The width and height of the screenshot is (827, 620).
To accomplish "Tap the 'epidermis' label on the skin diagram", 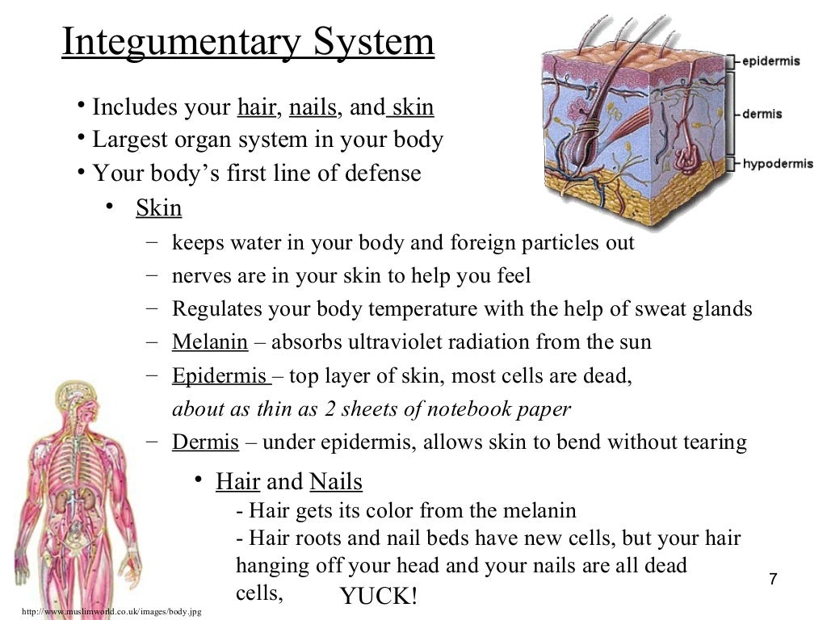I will pos(772,61).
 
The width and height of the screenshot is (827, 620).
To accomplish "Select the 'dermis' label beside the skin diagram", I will pos(762,114).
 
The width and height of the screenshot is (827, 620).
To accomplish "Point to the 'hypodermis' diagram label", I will pos(778,164).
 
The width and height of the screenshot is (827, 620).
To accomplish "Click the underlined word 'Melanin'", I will pos(209,342).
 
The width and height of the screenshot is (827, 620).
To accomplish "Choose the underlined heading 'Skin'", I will pos(158,208).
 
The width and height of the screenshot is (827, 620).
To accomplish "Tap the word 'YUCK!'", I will pos(379,597).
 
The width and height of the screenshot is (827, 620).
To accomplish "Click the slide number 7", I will pos(773,579).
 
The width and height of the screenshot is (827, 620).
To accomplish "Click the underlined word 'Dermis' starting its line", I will pos(205,442).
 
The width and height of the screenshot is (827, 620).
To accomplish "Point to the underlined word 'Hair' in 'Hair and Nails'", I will pos(237,483).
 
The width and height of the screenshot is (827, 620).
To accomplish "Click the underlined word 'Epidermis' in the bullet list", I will pos(220,376).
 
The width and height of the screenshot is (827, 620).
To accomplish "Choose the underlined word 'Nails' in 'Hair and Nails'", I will pos(336,483).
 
